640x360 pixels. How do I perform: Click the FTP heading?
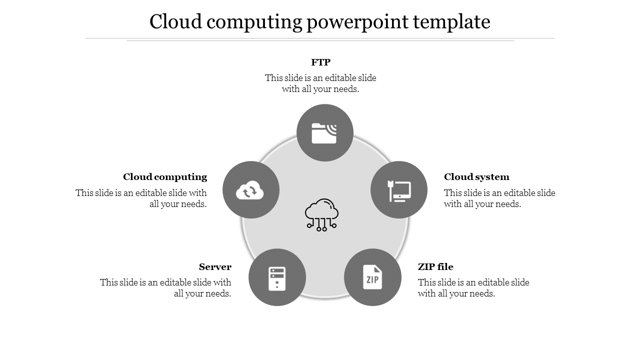pos(320,62)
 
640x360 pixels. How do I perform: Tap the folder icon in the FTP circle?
pos(323,133)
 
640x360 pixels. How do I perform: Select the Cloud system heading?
pos(476,177)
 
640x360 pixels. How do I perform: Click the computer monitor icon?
pos(399,191)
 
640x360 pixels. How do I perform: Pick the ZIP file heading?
pos(435,267)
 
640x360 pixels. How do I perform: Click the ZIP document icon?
pos(372,277)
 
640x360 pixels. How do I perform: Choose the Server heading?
pos(215,267)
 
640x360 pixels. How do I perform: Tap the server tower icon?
pos(277,278)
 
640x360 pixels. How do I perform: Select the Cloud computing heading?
pos(165,177)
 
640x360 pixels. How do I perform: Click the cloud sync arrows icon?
pos(249,190)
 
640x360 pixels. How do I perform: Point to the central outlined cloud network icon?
pos(321,215)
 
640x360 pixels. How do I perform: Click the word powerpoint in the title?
pos(357,22)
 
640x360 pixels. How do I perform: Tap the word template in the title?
pos(451,22)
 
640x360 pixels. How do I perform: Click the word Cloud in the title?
pos(175,21)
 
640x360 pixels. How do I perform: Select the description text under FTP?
pos(320,83)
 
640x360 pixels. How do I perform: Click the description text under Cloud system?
pos(499,198)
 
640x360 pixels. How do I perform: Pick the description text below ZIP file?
pos(473,288)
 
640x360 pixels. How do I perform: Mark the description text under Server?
pos(165,288)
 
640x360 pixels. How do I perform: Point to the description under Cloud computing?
pos(141,198)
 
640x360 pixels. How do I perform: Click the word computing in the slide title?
pos(254,22)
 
